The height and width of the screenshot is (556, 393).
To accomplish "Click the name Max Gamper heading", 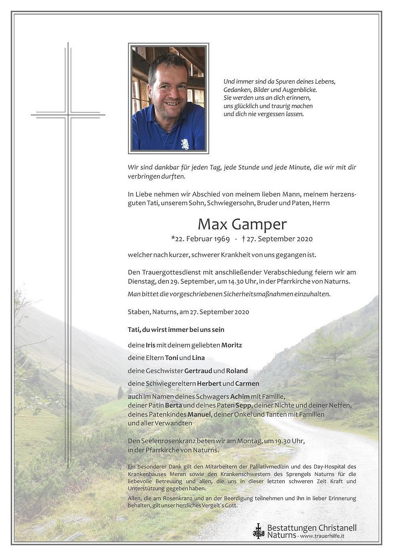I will [242, 224].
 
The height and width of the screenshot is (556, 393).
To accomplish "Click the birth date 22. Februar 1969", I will [201, 239].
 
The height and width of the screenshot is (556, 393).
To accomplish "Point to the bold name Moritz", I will [232, 345].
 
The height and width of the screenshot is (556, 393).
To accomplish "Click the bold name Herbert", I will [209, 383].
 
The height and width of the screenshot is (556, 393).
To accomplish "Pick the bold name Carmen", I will [247, 383].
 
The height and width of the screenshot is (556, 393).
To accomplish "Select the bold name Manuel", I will [199, 414].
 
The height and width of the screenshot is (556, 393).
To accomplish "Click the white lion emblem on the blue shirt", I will [184, 143].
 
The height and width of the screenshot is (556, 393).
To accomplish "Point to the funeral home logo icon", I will [259, 531].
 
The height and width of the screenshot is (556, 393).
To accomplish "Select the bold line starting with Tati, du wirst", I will [176, 330].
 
